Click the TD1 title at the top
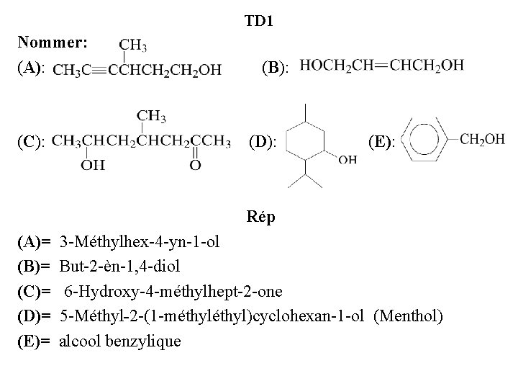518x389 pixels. point(259,22)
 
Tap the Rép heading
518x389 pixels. point(259,217)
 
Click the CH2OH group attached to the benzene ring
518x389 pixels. point(482,139)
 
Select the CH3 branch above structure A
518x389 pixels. point(133,46)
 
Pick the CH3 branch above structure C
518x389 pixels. point(152,115)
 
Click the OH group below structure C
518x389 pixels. point(91,165)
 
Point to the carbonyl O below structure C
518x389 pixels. point(195,166)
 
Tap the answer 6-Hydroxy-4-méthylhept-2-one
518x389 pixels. point(173,291)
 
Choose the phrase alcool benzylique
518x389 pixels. point(120,340)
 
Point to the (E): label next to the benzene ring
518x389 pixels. point(381,140)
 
